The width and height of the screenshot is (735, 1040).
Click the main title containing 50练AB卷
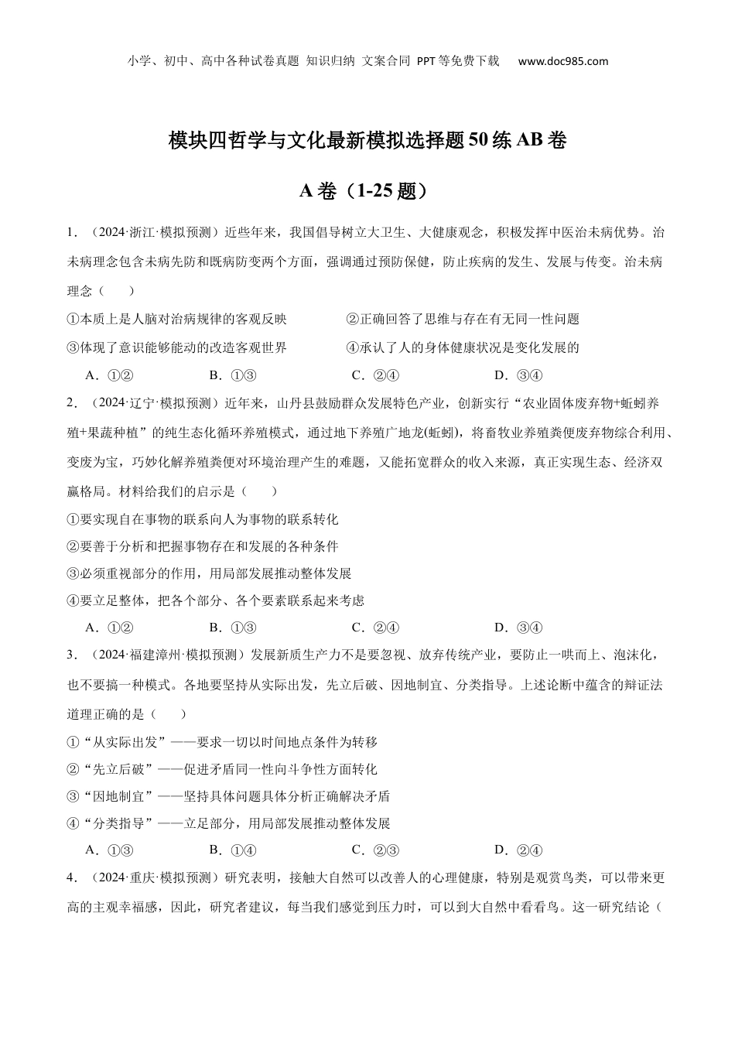(x=367, y=141)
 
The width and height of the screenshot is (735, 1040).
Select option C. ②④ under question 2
(x=375, y=628)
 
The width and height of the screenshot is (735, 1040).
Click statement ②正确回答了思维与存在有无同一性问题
(x=463, y=319)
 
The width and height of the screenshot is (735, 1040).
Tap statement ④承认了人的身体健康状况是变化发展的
(x=463, y=347)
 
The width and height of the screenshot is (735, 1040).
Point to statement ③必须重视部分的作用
(x=210, y=573)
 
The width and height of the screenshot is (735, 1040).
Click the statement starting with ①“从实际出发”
(x=223, y=742)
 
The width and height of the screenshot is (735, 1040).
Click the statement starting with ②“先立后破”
(x=223, y=769)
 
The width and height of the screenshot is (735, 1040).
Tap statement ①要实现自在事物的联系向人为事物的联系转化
(x=203, y=519)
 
